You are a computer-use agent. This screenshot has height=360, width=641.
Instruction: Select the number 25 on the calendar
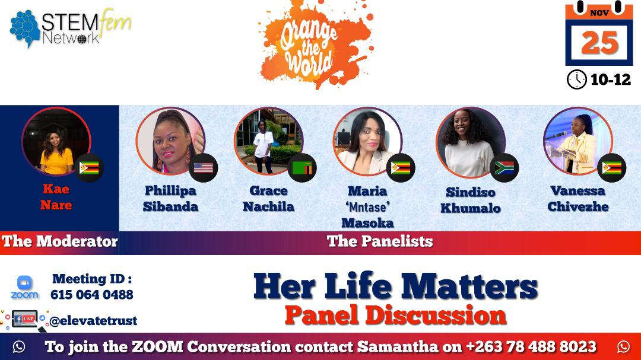point(599,42)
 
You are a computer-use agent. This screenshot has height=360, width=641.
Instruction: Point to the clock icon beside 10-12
point(576,79)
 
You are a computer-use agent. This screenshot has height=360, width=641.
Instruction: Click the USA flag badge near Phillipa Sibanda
point(203,168)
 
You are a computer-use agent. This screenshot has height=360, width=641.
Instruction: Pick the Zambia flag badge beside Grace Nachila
point(302,168)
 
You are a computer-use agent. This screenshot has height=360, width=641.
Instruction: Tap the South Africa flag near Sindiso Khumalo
point(504,168)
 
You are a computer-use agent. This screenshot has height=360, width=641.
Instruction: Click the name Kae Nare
point(56,197)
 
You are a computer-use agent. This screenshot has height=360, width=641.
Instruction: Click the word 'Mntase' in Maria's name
point(367,208)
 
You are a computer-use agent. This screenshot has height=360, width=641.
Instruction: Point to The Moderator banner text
point(59,241)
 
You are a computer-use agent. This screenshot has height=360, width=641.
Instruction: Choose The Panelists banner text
point(380,241)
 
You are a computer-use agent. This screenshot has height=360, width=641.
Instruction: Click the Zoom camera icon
point(24,282)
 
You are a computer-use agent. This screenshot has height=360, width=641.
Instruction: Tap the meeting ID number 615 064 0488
point(92,295)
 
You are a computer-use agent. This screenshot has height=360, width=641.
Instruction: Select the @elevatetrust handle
point(93,321)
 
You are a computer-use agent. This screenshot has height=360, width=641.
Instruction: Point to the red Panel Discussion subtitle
point(395,315)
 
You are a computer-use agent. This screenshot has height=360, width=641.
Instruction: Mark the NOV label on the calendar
point(599,12)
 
